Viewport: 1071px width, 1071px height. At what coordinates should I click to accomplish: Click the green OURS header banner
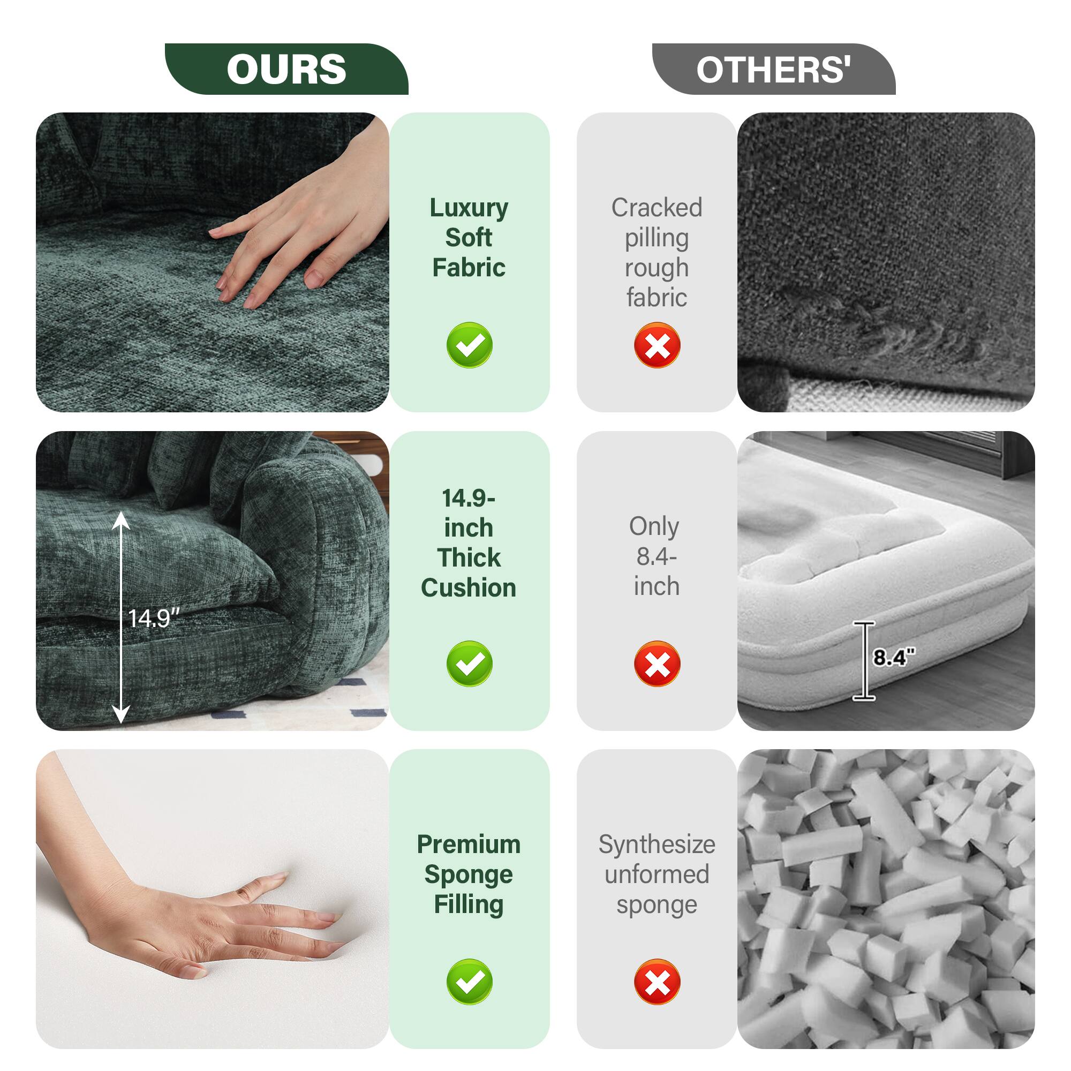tap(286, 69)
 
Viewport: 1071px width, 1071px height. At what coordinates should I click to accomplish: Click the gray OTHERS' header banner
tap(773, 69)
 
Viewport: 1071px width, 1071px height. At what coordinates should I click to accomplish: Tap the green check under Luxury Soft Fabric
tap(469, 345)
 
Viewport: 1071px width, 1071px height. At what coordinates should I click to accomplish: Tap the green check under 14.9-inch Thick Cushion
tap(469, 663)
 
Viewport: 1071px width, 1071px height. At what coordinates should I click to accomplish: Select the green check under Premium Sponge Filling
tap(469, 982)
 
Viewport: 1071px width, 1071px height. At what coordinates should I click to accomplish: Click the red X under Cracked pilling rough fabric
tap(657, 345)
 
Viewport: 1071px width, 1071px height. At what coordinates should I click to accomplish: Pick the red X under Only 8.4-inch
tap(657, 663)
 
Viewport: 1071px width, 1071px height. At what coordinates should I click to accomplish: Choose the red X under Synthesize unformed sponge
tap(657, 982)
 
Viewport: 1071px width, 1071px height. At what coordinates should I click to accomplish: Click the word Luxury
tap(469, 208)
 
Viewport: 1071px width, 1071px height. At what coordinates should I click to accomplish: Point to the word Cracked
tap(657, 208)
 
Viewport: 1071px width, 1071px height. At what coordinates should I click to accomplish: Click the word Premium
tap(469, 844)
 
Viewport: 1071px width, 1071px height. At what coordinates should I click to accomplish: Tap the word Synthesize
tap(657, 844)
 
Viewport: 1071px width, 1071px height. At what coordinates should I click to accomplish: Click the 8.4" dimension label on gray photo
tap(894, 658)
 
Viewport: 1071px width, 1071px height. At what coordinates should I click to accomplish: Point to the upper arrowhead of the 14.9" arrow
tap(122, 520)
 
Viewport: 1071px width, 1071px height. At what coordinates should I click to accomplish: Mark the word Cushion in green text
tap(469, 587)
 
